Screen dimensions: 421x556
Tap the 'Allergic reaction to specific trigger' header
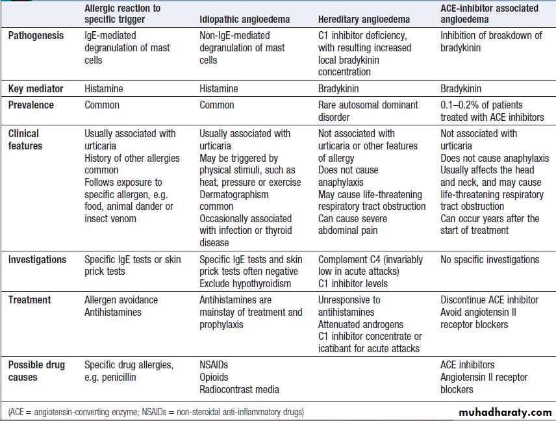[x=123, y=14]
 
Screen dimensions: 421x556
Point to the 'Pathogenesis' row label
[x=36, y=36]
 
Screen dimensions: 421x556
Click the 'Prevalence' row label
[x=31, y=105]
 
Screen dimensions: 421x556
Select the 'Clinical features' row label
[x=25, y=140]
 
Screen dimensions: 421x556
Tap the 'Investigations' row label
[x=37, y=259]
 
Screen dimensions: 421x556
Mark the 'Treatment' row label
[x=30, y=300]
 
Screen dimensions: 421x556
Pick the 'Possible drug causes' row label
[x=36, y=371]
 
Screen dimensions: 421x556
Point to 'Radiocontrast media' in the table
[x=239, y=389]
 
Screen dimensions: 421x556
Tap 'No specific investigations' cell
[x=490, y=259]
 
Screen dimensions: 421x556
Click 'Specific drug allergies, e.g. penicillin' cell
[x=129, y=371]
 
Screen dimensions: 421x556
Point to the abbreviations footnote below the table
[x=156, y=412]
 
